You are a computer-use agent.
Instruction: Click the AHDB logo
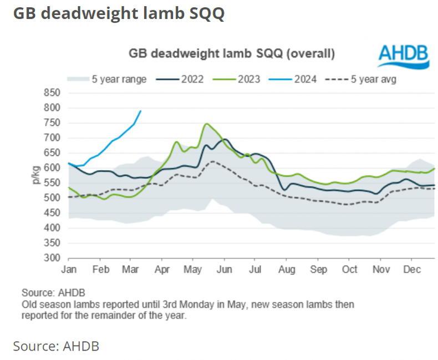click(x=404, y=57)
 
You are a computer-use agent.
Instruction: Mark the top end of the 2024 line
click(x=140, y=111)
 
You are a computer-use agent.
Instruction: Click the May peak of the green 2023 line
click(x=206, y=124)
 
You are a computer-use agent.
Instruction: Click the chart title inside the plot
click(x=231, y=54)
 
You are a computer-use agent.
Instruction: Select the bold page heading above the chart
click(x=119, y=13)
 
